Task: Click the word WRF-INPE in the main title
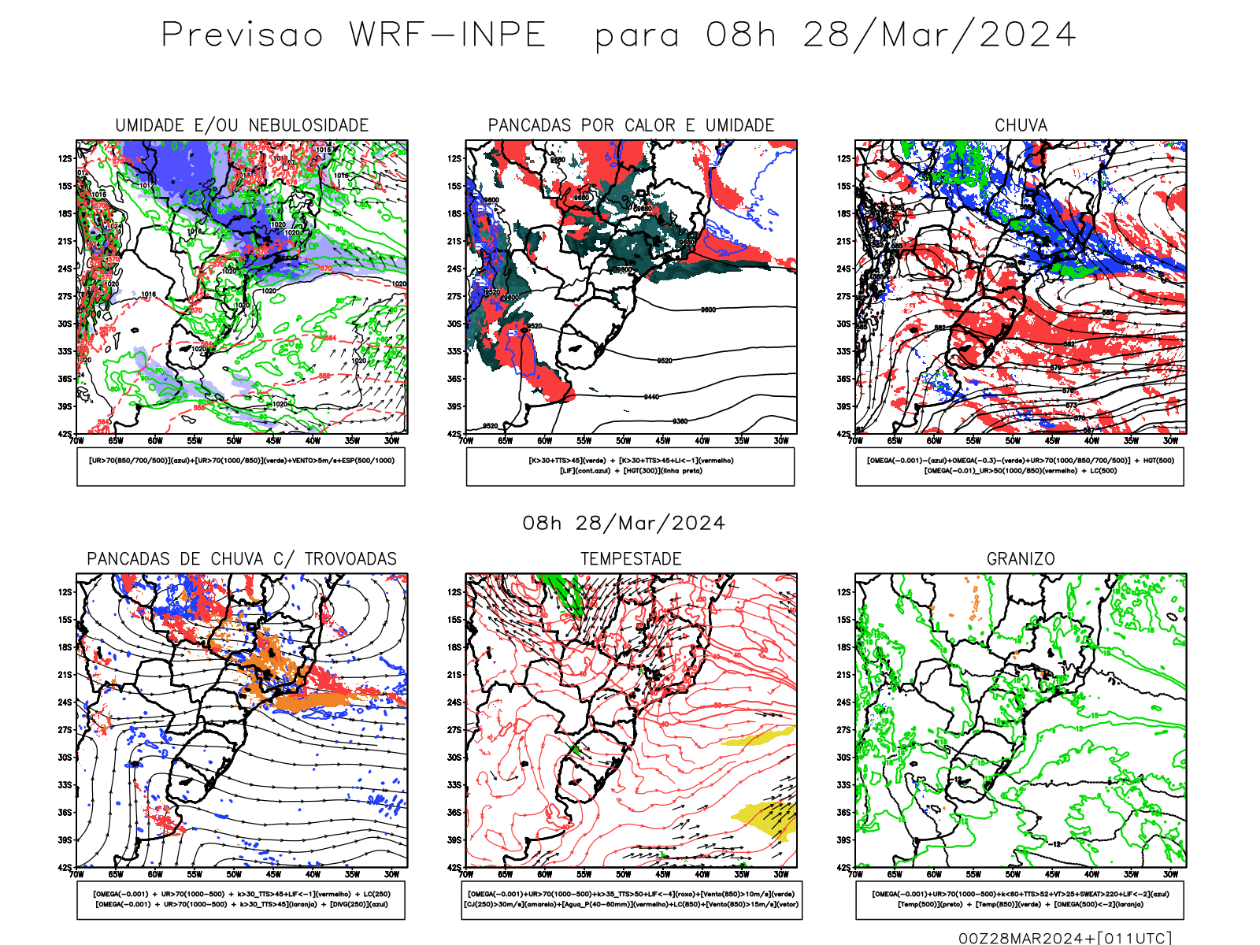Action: [x=447, y=35]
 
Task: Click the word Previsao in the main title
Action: [x=243, y=35]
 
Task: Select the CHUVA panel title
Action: [x=1021, y=125]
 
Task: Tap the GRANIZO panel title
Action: [x=1021, y=559]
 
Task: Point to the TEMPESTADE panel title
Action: [x=631, y=559]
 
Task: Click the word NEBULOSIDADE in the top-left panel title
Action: [x=309, y=125]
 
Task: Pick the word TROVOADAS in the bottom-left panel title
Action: [x=350, y=559]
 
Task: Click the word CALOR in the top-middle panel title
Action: [x=650, y=125]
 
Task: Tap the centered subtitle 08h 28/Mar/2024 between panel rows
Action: [x=624, y=524]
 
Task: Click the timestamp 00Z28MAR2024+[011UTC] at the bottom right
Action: [x=1065, y=938]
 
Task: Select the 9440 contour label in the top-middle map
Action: [x=651, y=397]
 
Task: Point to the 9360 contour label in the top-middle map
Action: [x=680, y=421]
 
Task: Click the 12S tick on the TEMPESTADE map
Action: [x=454, y=592]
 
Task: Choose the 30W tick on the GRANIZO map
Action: [x=1170, y=874]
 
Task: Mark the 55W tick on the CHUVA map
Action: [x=973, y=441]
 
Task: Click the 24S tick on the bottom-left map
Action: [x=65, y=702]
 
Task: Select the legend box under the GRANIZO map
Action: [x=1020, y=899]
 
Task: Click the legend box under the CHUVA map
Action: [x=1020, y=466]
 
